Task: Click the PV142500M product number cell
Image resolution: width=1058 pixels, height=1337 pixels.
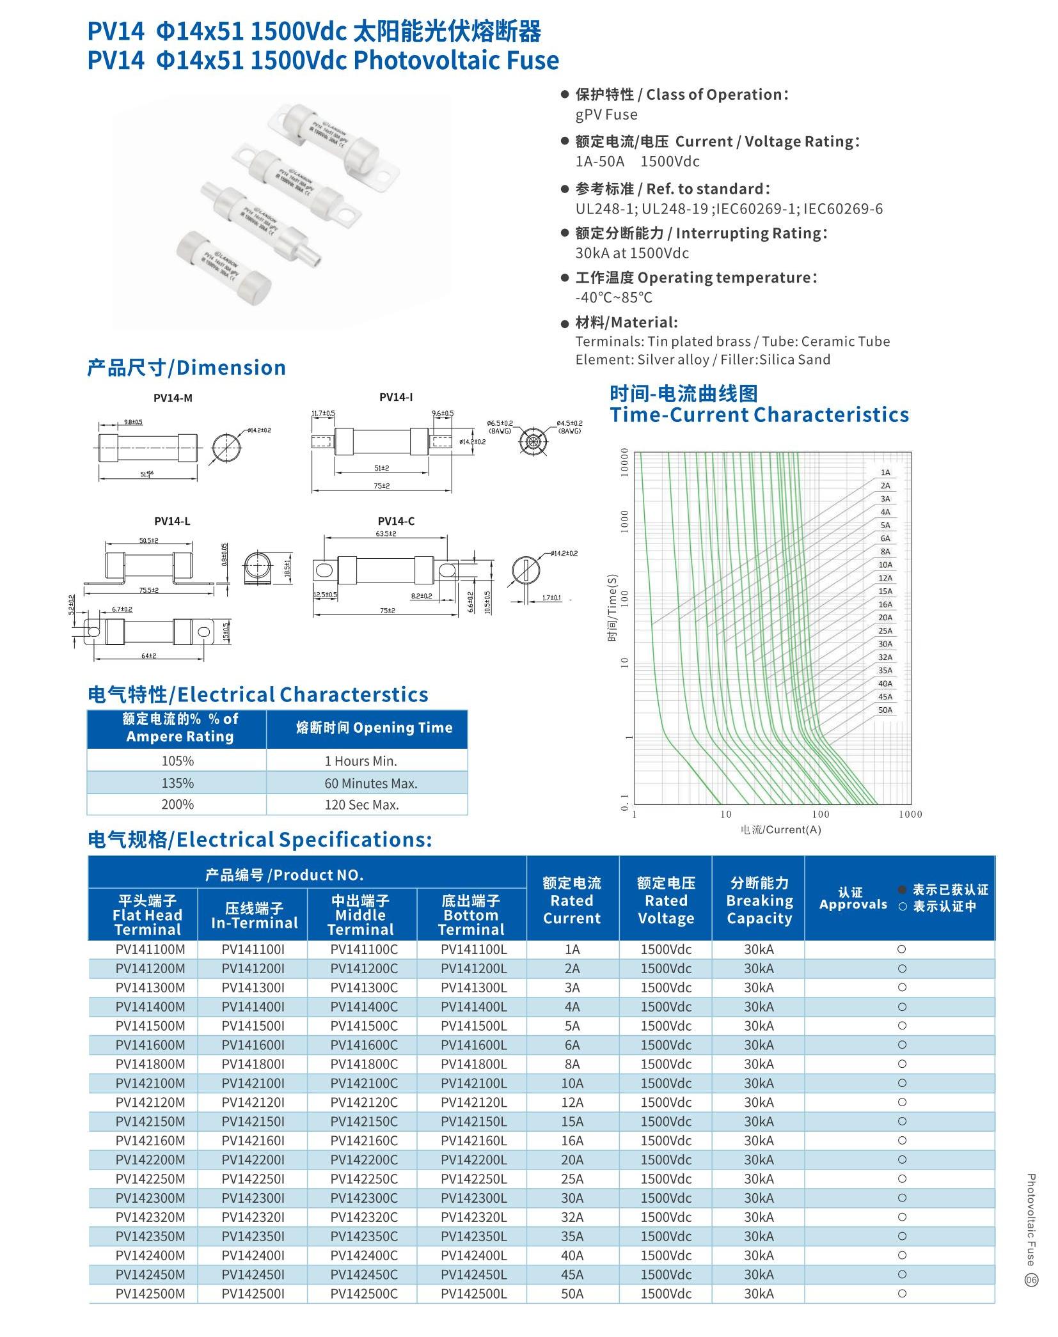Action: click(150, 1294)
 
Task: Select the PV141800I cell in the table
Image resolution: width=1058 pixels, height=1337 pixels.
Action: click(253, 1064)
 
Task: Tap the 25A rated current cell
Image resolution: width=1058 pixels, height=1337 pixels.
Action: click(572, 1178)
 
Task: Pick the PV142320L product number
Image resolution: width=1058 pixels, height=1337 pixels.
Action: click(473, 1217)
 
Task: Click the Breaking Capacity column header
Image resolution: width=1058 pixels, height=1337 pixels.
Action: click(759, 900)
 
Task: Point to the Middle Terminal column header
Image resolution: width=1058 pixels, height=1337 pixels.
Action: click(361, 915)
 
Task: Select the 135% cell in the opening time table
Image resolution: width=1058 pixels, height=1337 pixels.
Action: click(177, 783)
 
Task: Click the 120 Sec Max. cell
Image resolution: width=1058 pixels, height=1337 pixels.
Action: click(361, 804)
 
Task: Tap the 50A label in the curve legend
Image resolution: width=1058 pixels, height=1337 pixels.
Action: click(885, 710)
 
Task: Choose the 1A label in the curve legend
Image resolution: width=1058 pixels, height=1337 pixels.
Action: click(885, 473)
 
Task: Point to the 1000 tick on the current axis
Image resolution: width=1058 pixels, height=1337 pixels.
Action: click(910, 814)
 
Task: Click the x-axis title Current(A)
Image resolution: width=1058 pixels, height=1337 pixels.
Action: click(780, 829)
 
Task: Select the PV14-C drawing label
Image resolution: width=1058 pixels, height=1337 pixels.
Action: click(396, 521)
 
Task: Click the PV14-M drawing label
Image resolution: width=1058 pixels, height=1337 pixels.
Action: click(173, 398)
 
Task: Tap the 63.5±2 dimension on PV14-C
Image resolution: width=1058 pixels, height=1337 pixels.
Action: click(386, 533)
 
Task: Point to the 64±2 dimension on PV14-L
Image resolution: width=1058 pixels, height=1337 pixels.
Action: click(149, 655)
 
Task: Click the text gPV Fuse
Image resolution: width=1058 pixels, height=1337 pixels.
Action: click(606, 114)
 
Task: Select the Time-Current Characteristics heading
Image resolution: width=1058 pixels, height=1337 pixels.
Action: click(759, 414)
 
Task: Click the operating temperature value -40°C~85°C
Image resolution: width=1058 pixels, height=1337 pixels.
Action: click(613, 297)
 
